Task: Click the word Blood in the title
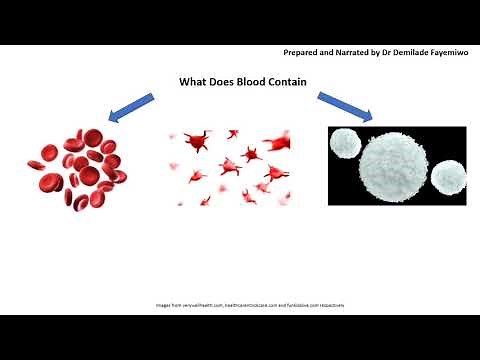245,83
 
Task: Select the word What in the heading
193,83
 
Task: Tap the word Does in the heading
221,83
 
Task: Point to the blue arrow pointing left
132,107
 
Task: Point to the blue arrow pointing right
346,107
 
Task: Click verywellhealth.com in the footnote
192,304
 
